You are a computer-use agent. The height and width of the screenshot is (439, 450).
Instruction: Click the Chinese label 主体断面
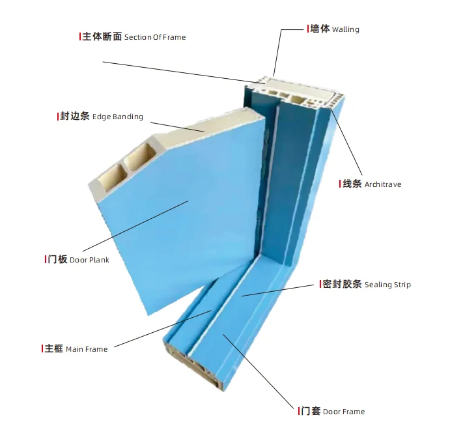pos(102,37)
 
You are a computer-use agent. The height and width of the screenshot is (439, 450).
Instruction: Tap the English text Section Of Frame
pos(155,38)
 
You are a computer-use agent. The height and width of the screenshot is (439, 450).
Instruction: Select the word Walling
pos(346,29)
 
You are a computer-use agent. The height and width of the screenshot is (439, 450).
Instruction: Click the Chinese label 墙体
pos(320,29)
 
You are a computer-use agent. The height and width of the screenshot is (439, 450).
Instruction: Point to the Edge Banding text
pos(118,117)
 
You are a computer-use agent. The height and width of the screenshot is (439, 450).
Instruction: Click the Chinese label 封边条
pos(74,117)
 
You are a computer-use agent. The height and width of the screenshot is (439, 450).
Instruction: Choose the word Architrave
pos(383,184)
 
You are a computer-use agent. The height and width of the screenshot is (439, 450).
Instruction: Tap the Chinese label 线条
pos(352,184)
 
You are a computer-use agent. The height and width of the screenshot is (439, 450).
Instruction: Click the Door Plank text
pos(90,261)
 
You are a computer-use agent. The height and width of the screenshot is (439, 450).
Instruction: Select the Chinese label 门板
pos(57,260)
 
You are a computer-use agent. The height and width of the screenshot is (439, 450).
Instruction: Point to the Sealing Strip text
pos(387,285)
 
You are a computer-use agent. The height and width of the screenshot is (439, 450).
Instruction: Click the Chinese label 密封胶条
pos(342,285)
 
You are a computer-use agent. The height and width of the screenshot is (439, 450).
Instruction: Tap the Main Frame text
pos(87,349)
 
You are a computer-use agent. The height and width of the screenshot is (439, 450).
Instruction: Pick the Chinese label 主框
pos(53,348)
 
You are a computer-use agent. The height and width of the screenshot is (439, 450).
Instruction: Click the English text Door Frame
pos(344,412)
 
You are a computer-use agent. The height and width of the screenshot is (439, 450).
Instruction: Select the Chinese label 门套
pos(311,411)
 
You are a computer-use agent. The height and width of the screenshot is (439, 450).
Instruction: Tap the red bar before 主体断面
pos(79,37)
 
